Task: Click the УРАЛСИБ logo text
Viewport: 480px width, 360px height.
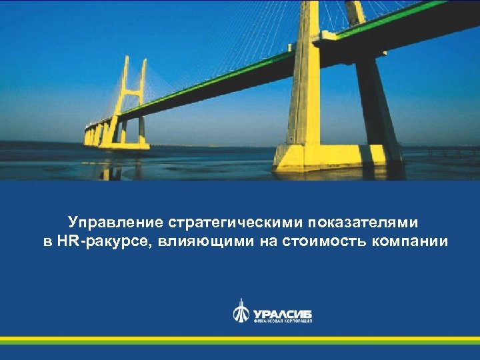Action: pos(282,313)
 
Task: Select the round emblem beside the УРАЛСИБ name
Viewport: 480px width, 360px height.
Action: pos(241,312)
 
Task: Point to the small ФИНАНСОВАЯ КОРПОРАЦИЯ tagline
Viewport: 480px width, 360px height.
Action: pos(283,321)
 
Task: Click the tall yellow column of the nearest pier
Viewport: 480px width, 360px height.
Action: pos(307,73)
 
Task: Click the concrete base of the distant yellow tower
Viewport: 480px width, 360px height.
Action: pos(124,144)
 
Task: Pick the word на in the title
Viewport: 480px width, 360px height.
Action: pos(271,241)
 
